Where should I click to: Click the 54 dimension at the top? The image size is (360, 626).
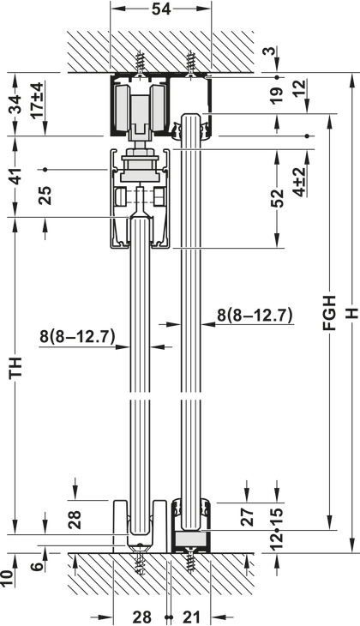161,9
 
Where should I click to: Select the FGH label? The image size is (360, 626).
330,313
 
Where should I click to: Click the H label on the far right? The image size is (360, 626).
351,313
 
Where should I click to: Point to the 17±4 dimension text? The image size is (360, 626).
38,100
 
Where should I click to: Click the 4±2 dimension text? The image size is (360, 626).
300,182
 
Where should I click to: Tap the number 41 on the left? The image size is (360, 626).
16,175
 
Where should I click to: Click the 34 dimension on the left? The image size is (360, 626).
16,105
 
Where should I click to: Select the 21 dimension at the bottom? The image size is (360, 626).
192,617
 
